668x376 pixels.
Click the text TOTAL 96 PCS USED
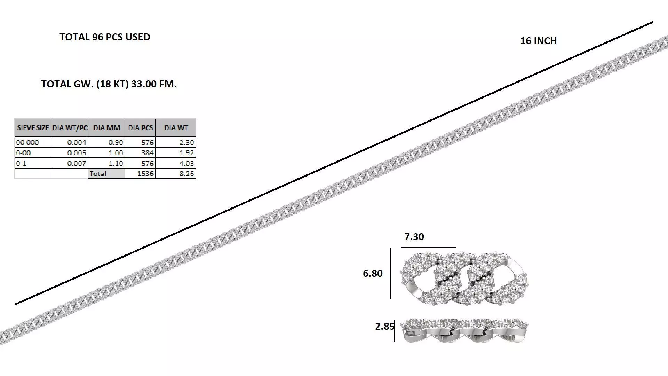coord(105,37)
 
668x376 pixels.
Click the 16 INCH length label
coord(538,41)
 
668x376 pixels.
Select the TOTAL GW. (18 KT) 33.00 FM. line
coord(109,84)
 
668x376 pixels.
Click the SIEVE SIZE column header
coord(33,128)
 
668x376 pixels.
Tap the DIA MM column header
coord(106,128)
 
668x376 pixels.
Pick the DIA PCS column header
coord(140,128)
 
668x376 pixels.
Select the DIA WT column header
coord(176,128)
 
